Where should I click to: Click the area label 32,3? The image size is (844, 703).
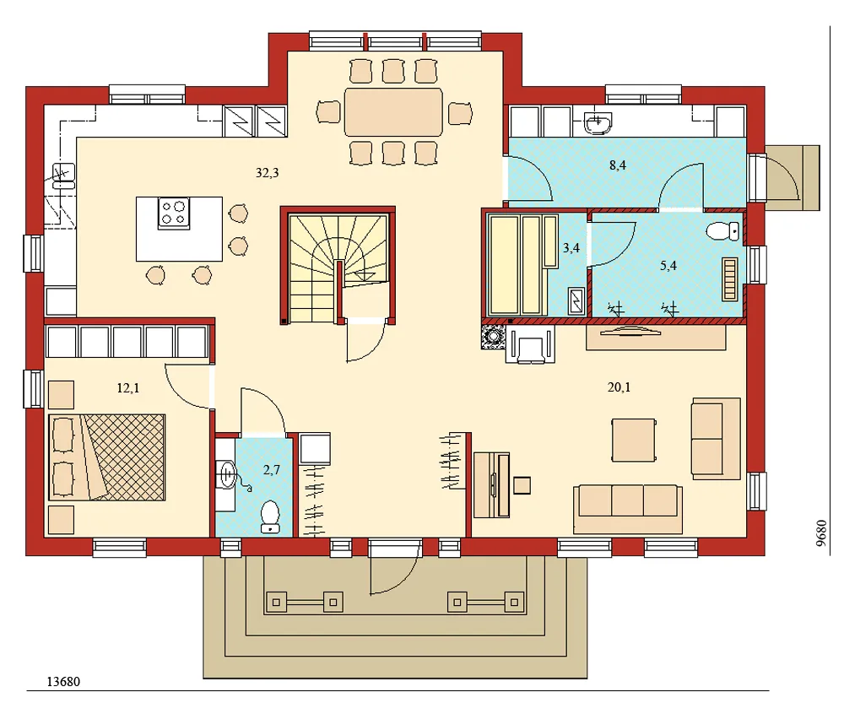click(x=267, y=173)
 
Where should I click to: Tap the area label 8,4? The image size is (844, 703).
click(x=618, y=165)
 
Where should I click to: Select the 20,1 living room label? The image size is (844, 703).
click(x=619, y=387)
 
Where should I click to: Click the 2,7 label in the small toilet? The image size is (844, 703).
click(x=271, y=471)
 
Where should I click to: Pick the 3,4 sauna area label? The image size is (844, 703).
click(x=571, y=248)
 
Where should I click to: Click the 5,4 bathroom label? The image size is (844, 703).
click(x=668, y=266)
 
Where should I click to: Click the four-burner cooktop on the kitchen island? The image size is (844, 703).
click(x=174, y=211)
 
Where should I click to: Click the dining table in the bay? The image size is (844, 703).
click(x=393, y=112)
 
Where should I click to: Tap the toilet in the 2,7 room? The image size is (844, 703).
click(x=270, y=515)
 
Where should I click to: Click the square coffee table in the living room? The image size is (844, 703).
click(x=633, y=440)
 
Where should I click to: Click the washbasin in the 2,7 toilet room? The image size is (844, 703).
click(x=228, y=476)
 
